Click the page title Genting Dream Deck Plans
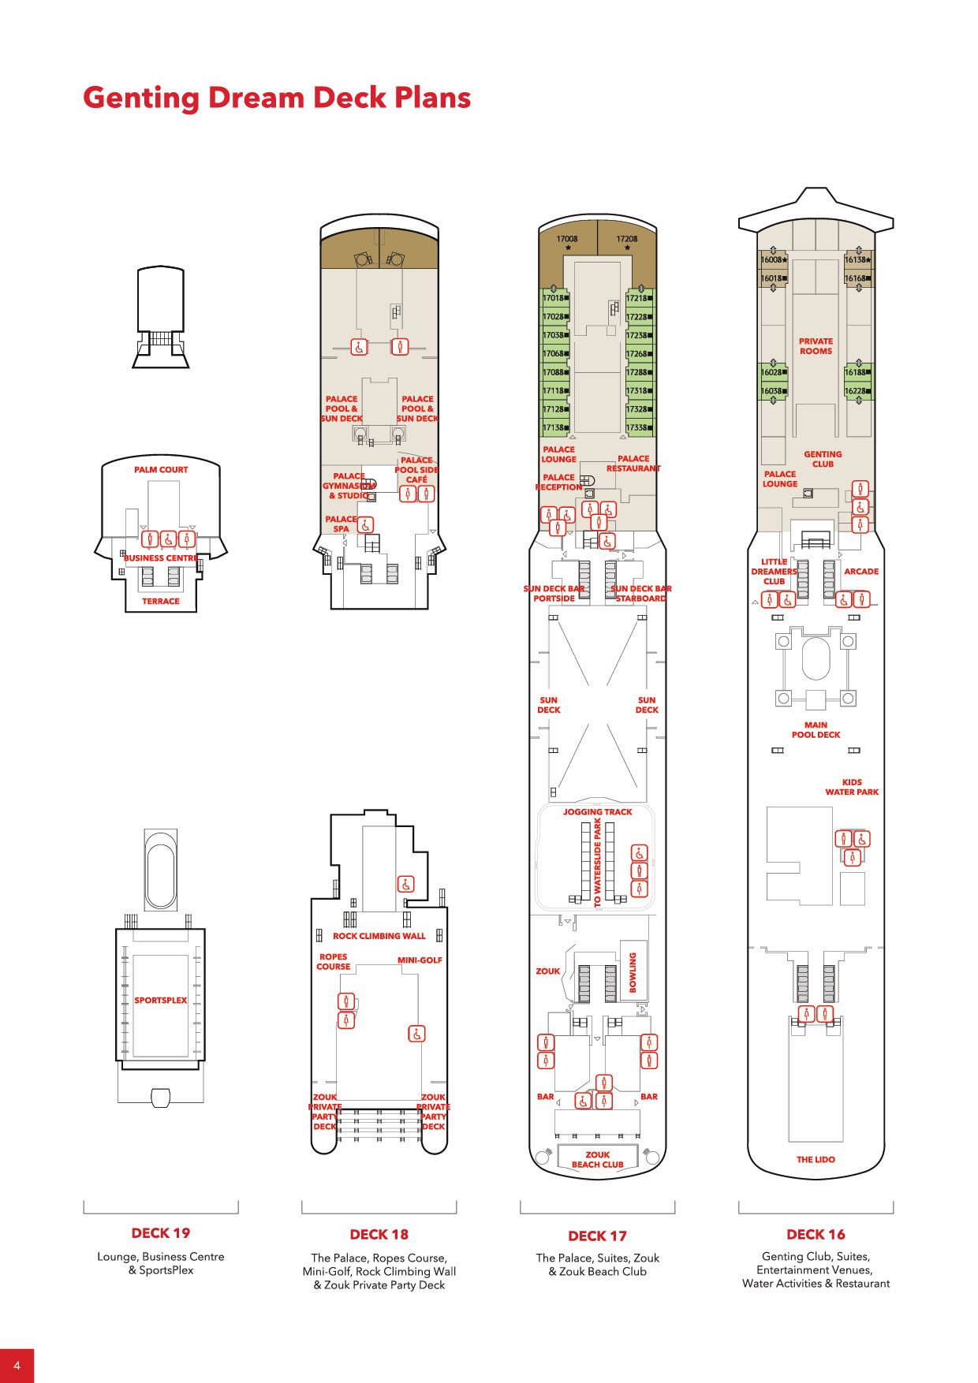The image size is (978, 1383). [277, 99]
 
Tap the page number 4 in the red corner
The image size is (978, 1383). [17, 1366]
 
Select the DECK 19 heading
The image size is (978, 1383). [161, 1233]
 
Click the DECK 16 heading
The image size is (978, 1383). [816, 1235]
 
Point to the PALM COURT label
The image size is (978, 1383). [161, 470]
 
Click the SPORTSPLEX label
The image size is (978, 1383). [161, 1001]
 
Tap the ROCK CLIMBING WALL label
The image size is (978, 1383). [379, 937]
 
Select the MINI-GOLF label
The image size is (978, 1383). [420, 960]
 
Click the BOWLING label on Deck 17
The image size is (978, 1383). [633, 971]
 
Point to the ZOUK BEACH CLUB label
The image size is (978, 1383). [597, 1160]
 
